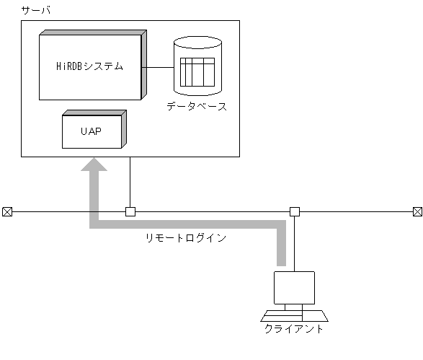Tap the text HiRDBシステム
(89, 66)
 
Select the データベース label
(197, 106)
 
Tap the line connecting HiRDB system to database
(160, 67)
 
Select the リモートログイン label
(186, 237)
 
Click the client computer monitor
(294, 288)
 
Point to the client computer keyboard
(294, 316)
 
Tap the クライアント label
(294, 330)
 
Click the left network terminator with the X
(6, 211)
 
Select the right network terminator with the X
(417, 211)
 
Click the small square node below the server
(130, 211)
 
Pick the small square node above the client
(294, 211)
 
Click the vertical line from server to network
(130, 182)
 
